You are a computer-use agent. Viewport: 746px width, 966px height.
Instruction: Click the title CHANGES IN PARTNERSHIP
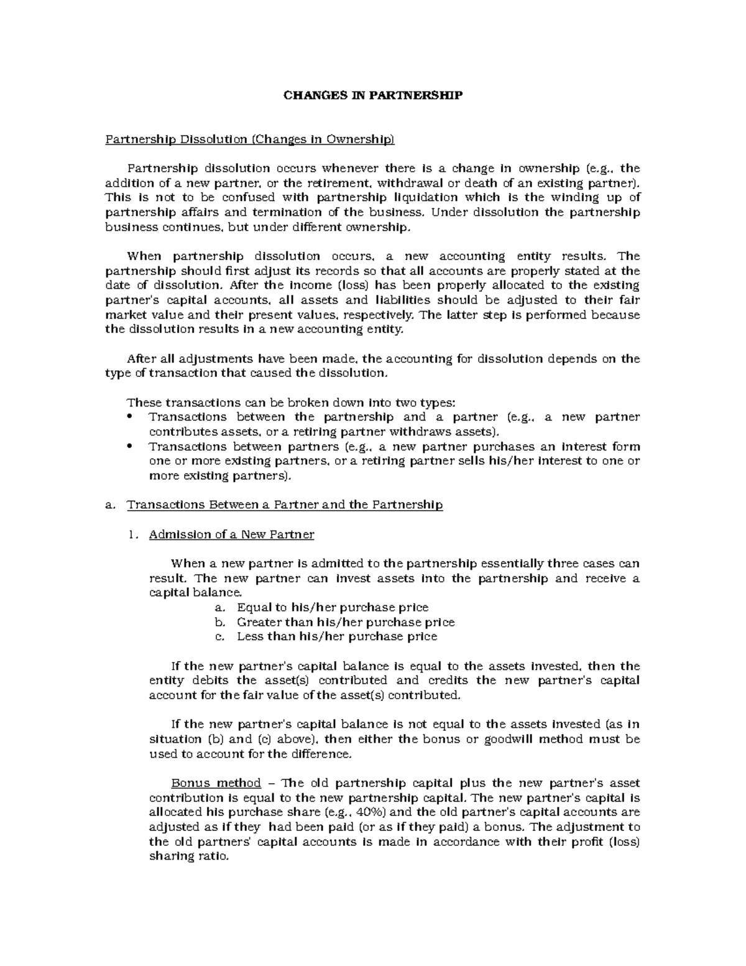click(373, 95)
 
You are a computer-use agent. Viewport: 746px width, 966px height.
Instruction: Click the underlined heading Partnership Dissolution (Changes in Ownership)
click(249, 139)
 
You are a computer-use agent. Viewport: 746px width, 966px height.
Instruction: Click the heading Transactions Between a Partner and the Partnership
click(284, 504)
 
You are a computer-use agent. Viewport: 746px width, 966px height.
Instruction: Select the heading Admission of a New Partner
click(231, 534)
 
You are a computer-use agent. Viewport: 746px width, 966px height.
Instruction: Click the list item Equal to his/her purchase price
click(333, 607)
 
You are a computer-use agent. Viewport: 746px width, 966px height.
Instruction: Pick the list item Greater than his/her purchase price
click(346, 622)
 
